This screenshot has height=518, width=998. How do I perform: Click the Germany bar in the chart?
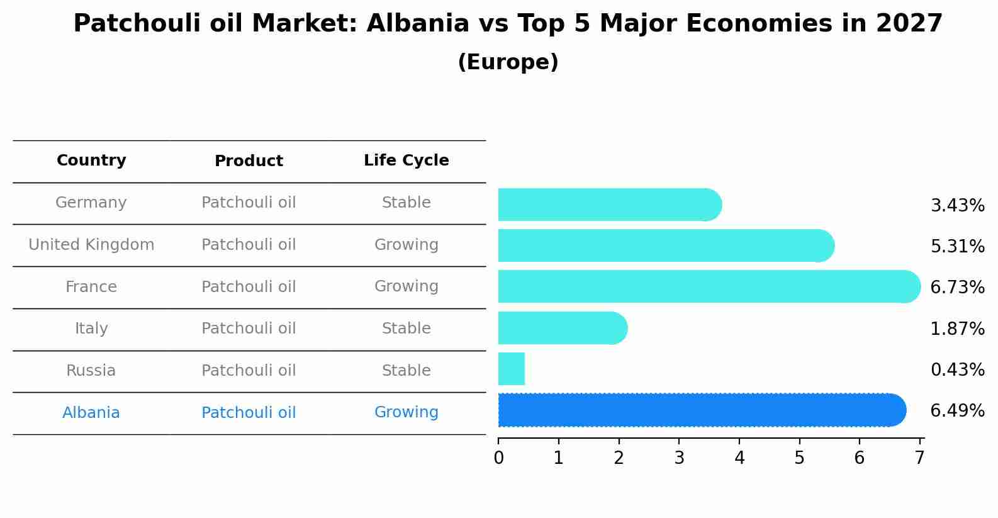point(609,205)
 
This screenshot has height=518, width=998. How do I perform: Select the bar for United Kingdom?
point(666,245)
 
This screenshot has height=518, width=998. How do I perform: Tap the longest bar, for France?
point(709,286)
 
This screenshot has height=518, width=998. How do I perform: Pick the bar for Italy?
point(562,328)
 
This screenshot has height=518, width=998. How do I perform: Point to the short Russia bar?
point(512,369)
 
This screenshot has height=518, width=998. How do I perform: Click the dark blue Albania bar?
point(701,410)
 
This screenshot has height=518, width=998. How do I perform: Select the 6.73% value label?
point(957,288)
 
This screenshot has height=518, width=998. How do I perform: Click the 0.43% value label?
point(957,370)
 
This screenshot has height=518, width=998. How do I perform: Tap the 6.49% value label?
point(957,411)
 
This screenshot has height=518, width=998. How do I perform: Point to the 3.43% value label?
point(957,206)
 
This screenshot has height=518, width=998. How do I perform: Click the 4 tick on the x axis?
point(739,458)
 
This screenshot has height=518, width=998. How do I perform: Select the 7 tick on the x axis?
point(920,458)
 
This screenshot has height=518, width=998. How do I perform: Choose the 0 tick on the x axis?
point(498,458)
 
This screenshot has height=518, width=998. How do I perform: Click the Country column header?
point(91,160)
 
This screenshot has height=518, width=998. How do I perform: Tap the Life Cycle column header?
point(406,160)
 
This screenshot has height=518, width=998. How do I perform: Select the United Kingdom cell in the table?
point(91,245)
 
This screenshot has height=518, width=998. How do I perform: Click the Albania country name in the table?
point(91,413)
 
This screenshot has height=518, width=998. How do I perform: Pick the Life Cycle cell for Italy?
point(406,329)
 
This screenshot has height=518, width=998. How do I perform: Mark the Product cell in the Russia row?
point(249,371)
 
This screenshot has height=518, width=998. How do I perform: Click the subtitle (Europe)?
point(508,62)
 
